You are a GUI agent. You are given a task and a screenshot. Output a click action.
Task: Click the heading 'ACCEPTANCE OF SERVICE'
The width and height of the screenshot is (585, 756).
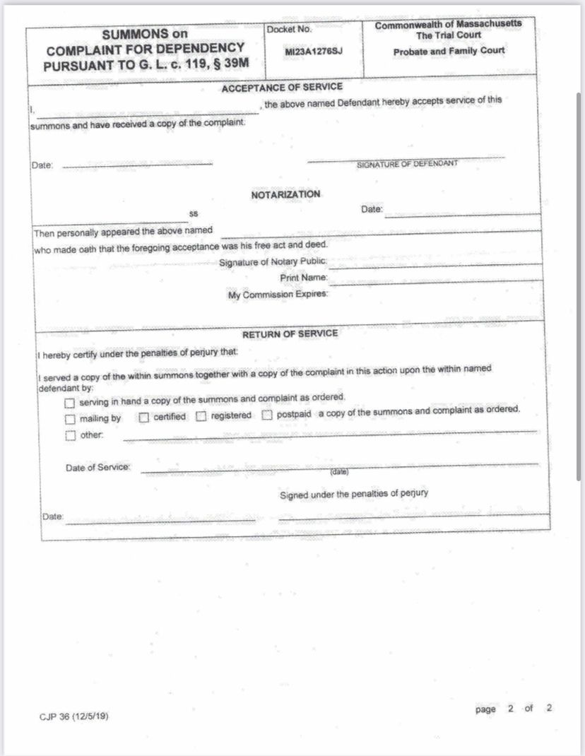coord(282,88)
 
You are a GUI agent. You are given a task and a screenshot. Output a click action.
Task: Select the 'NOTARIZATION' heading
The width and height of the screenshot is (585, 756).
coord(285,194)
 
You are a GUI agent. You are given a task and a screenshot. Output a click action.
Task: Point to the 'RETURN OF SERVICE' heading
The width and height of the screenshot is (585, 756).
coord(290,333)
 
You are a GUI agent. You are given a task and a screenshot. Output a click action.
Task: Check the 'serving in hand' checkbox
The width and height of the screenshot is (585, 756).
coord(69,403)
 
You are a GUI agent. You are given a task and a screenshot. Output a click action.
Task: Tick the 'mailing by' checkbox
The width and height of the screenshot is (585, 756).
coord(70,418)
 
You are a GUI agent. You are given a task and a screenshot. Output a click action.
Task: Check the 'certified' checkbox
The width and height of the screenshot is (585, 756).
coord(144,418)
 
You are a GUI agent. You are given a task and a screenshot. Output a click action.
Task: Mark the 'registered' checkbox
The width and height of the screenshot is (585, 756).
coord(201,417)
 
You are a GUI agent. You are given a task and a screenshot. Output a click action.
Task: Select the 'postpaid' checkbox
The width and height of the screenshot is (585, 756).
coord(267,415)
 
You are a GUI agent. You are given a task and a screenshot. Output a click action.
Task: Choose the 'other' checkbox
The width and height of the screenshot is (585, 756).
coord(70,435)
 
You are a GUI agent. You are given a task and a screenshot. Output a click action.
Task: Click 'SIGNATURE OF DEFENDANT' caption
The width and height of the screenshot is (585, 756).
coord(407,164)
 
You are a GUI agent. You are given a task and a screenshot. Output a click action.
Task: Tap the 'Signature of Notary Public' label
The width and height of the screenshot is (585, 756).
coord(273,263)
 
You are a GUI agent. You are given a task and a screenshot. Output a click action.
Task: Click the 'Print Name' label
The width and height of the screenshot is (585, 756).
coord(304,278)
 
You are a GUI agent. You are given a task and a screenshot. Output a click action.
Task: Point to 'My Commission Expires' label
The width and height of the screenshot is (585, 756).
coord(278,295)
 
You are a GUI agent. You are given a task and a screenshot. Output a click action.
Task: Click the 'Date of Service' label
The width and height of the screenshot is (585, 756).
coord(97,468)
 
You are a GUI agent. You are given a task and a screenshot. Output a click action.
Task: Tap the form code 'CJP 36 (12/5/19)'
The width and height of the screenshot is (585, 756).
coord(74,716)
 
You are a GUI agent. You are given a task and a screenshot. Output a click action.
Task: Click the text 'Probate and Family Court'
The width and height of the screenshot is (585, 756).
coord(449,51)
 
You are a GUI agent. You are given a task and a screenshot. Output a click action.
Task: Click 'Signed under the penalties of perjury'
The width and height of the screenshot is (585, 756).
coord(353,494)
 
